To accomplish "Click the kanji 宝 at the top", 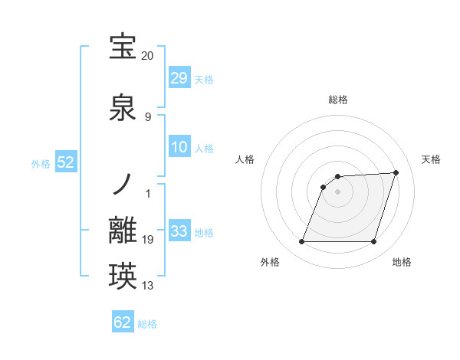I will (123, 47).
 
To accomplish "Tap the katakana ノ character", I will (123, 184).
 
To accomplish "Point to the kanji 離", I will (123, 231).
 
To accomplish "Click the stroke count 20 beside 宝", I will (148, 56).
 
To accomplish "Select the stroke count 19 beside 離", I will (148, 240).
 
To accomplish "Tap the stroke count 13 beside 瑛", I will (148, 286).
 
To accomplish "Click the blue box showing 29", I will (179, 78).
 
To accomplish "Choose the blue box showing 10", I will (179, 147).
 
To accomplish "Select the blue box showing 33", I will (179, 231).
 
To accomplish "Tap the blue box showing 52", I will (65, 163).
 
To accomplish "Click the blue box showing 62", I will (123, 322).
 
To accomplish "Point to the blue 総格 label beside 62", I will (147, 324).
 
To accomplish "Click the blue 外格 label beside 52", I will (41, 164).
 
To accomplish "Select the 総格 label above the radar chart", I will (338, 100).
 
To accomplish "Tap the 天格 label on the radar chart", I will (431, 159).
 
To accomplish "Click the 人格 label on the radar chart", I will (245, 159).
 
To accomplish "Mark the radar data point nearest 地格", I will (373, 242).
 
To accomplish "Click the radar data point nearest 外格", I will (302, 242).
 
